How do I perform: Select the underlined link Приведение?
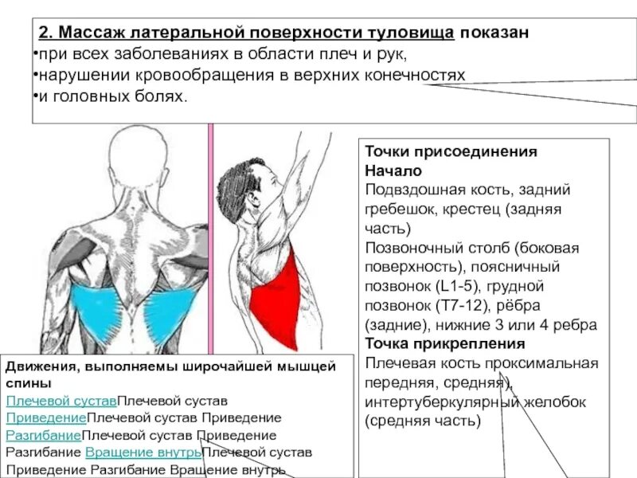click(x=45, y=418)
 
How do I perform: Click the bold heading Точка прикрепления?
click(x=445, y=344)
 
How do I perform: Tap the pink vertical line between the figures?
click(x=211, y=239)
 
